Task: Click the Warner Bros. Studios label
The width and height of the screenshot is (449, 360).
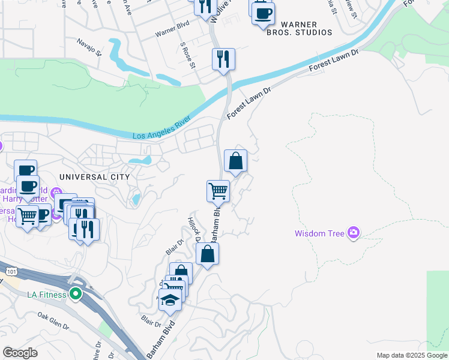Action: point(300,28)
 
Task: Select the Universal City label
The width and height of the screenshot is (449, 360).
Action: point(94,177)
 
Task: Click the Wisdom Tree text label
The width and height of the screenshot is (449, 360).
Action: point(319,233)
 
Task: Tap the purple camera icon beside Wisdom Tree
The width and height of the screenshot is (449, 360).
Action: point(353,232)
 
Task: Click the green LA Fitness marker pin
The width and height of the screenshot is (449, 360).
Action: point(75,294)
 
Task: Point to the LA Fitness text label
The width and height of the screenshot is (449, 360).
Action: point(47,294)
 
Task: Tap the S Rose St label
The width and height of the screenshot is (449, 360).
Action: point(187,55)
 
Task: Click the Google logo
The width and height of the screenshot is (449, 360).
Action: point(20,352)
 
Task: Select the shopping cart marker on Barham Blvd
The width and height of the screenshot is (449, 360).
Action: point(218,191)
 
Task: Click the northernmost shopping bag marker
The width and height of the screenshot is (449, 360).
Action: point(236,161)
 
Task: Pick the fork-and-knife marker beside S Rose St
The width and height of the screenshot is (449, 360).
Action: point(223,59)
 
